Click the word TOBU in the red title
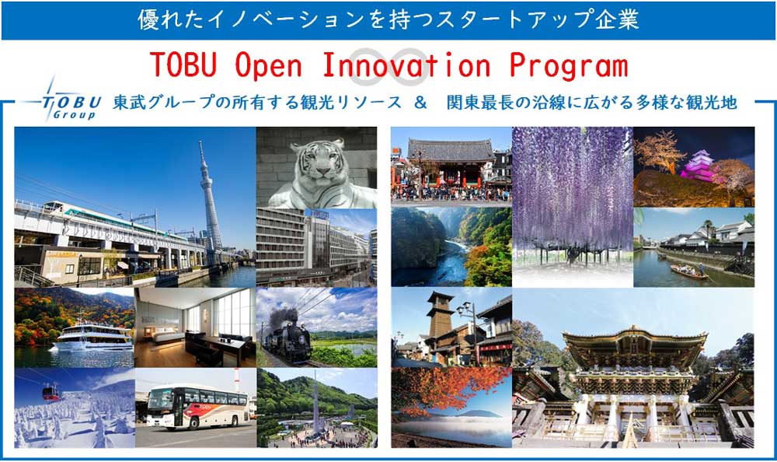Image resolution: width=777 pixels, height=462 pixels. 183,65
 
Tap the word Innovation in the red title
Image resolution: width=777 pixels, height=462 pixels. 406,65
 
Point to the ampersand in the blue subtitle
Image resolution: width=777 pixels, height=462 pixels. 420,103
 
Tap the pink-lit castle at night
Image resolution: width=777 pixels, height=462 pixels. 699,166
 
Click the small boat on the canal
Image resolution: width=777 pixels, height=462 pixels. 688,271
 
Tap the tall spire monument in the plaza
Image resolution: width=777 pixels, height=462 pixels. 315,403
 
